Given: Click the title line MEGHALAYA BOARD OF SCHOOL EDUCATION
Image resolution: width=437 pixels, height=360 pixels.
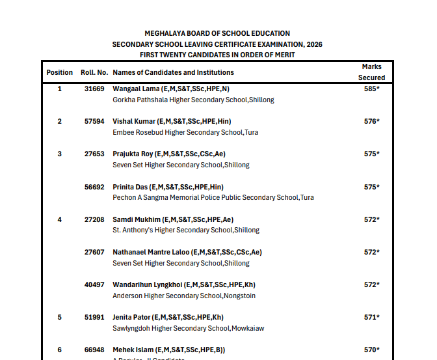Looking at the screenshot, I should coord(217,33).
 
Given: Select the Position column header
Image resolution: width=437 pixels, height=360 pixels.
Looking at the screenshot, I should coord(60,72).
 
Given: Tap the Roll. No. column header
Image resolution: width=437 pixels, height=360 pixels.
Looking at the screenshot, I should coord(94,72).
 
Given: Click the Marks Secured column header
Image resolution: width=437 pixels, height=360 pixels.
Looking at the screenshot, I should coord(371,72).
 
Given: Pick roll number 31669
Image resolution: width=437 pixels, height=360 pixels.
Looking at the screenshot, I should coord(94,89).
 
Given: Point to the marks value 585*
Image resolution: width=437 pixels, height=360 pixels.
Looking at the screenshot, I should coord(371,89).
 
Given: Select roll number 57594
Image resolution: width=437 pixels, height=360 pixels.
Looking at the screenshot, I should coord(94,121).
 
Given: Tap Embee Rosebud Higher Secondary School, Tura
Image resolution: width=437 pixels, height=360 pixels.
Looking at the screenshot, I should coord(185,132).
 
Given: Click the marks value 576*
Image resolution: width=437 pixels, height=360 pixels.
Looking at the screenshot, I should coord(371,121).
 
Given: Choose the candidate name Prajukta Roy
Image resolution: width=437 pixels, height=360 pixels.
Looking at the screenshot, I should coord(132,154).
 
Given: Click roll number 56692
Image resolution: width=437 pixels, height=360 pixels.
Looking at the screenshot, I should coord(94,187).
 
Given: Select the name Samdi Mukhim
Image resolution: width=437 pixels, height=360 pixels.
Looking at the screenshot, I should coord(133,219).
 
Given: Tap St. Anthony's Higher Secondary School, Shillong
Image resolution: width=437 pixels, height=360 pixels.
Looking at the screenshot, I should coord(186,230).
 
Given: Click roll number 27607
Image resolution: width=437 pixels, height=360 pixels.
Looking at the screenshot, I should coord(94,252).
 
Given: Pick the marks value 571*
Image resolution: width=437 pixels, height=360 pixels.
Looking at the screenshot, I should coord(371,317).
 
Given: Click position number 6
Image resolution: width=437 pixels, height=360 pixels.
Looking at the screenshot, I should coord(60,350).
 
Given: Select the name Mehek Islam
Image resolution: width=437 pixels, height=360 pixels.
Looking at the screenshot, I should coord(131,350).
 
